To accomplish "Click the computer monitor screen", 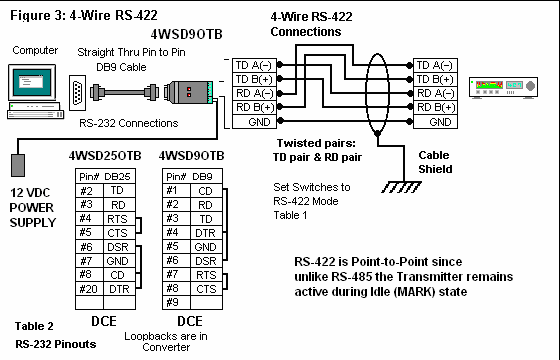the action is click(32, 82).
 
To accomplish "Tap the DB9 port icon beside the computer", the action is click(77, 93).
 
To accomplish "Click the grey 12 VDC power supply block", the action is click(18, 165).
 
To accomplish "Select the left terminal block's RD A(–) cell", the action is click(254, 94).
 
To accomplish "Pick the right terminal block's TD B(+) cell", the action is click(435, 79).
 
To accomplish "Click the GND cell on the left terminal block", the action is click(254, 122).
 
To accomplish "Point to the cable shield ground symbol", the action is click(401, 187).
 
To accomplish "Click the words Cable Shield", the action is click(435, 162).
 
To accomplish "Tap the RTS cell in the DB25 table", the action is click(119, 219).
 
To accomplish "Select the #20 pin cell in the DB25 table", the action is click(89, 289).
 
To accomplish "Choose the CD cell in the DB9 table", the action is click(206, 191).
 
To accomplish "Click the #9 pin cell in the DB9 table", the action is click(176, 302).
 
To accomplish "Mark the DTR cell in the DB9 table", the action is click(206, 233).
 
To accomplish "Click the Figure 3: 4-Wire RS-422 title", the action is click(84, 16).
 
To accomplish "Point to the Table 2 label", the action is click(34, 326).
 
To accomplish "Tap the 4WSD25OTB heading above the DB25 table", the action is click(105, 156).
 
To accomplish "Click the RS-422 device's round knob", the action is click(530, 86).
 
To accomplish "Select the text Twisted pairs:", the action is click(316, 143).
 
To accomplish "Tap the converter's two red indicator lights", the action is click(189, 92).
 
